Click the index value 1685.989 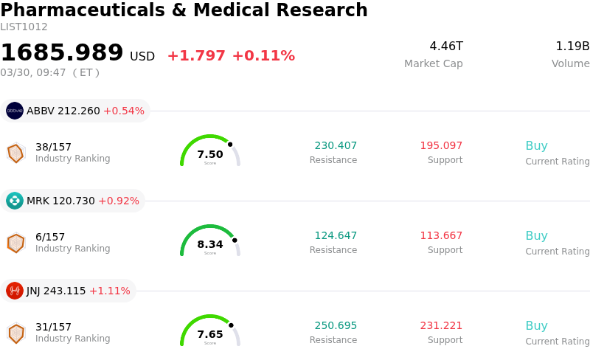(62, 53)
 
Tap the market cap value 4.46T (446, 46)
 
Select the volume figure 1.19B (572, 46)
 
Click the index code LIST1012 (24, 27)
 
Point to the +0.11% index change (263, 56)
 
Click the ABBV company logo (15, 111)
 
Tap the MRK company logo (15, 201)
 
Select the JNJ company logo (15, 291)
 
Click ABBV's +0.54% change (124, 111)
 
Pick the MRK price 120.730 (74, 201)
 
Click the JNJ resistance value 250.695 (336, 325)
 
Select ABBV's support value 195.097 (441, 145)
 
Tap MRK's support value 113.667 (441, 235)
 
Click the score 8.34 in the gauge (210, 244)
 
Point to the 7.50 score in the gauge (210, 154)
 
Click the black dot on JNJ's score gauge (231, 325)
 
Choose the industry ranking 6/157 (50, 237)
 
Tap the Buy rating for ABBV (536, 145)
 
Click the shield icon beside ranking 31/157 (15, 333)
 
